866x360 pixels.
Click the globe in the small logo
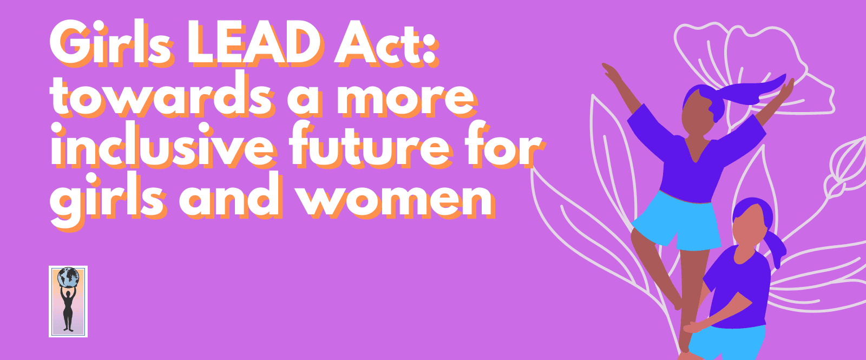pos(68,278)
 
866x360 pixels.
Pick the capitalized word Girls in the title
pos(111,44)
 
